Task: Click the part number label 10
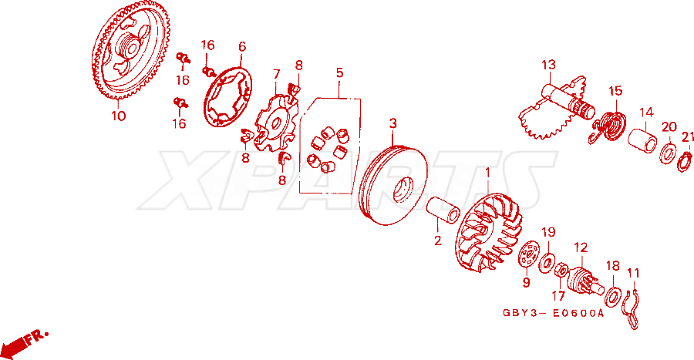[118, 116]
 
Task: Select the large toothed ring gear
[131, 49]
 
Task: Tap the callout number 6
[241, 46]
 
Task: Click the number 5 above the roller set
[339, 72]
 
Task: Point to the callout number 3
[393, 123]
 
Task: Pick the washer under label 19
[547, 263]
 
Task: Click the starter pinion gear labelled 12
[585, 280]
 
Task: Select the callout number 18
[613, 266]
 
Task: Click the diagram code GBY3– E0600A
[553, 313]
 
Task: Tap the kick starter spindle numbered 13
[558, 109]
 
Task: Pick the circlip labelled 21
[686, 160]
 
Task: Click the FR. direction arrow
[22, 343]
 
